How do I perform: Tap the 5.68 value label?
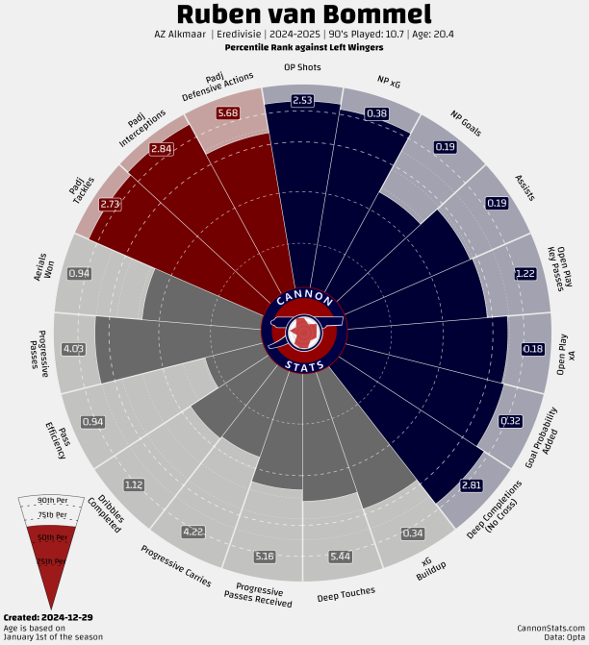click(228, 112)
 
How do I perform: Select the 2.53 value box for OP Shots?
click(302, 100)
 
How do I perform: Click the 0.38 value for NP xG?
click(377, 113)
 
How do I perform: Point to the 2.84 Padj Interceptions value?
click(162, 149)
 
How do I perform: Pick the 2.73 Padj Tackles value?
click(111, 204)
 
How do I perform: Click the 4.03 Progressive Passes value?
click(73, 348)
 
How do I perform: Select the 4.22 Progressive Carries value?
click(192, 532)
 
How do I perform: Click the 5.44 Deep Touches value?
click(340, 557)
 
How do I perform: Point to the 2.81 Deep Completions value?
click(472, 484)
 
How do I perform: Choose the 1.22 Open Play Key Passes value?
click(525, 273)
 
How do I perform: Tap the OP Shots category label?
click(302, 67)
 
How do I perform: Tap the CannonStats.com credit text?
click(550, 627)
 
